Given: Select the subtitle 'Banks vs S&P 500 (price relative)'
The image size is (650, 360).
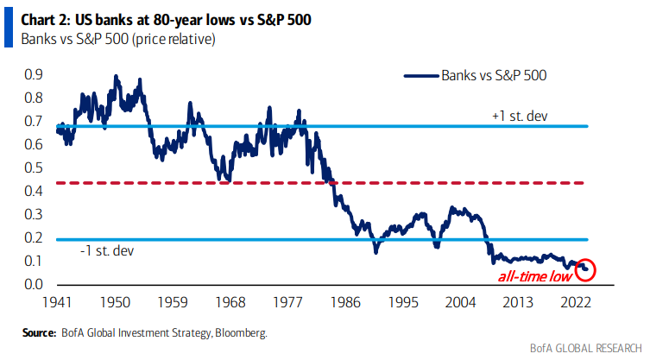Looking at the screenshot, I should (112, 37).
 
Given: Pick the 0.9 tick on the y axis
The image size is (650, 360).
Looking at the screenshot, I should (35, 75).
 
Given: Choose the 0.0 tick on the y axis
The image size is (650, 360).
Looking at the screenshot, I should (35, 284).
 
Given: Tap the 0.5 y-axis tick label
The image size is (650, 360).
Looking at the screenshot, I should (35, 167).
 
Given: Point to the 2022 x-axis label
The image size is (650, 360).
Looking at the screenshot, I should (576, 302).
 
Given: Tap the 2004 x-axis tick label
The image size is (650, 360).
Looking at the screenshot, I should (462, 302).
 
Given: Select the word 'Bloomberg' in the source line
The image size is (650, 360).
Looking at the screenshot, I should (241, 332).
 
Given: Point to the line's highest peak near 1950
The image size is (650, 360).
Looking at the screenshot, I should (116, 77).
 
